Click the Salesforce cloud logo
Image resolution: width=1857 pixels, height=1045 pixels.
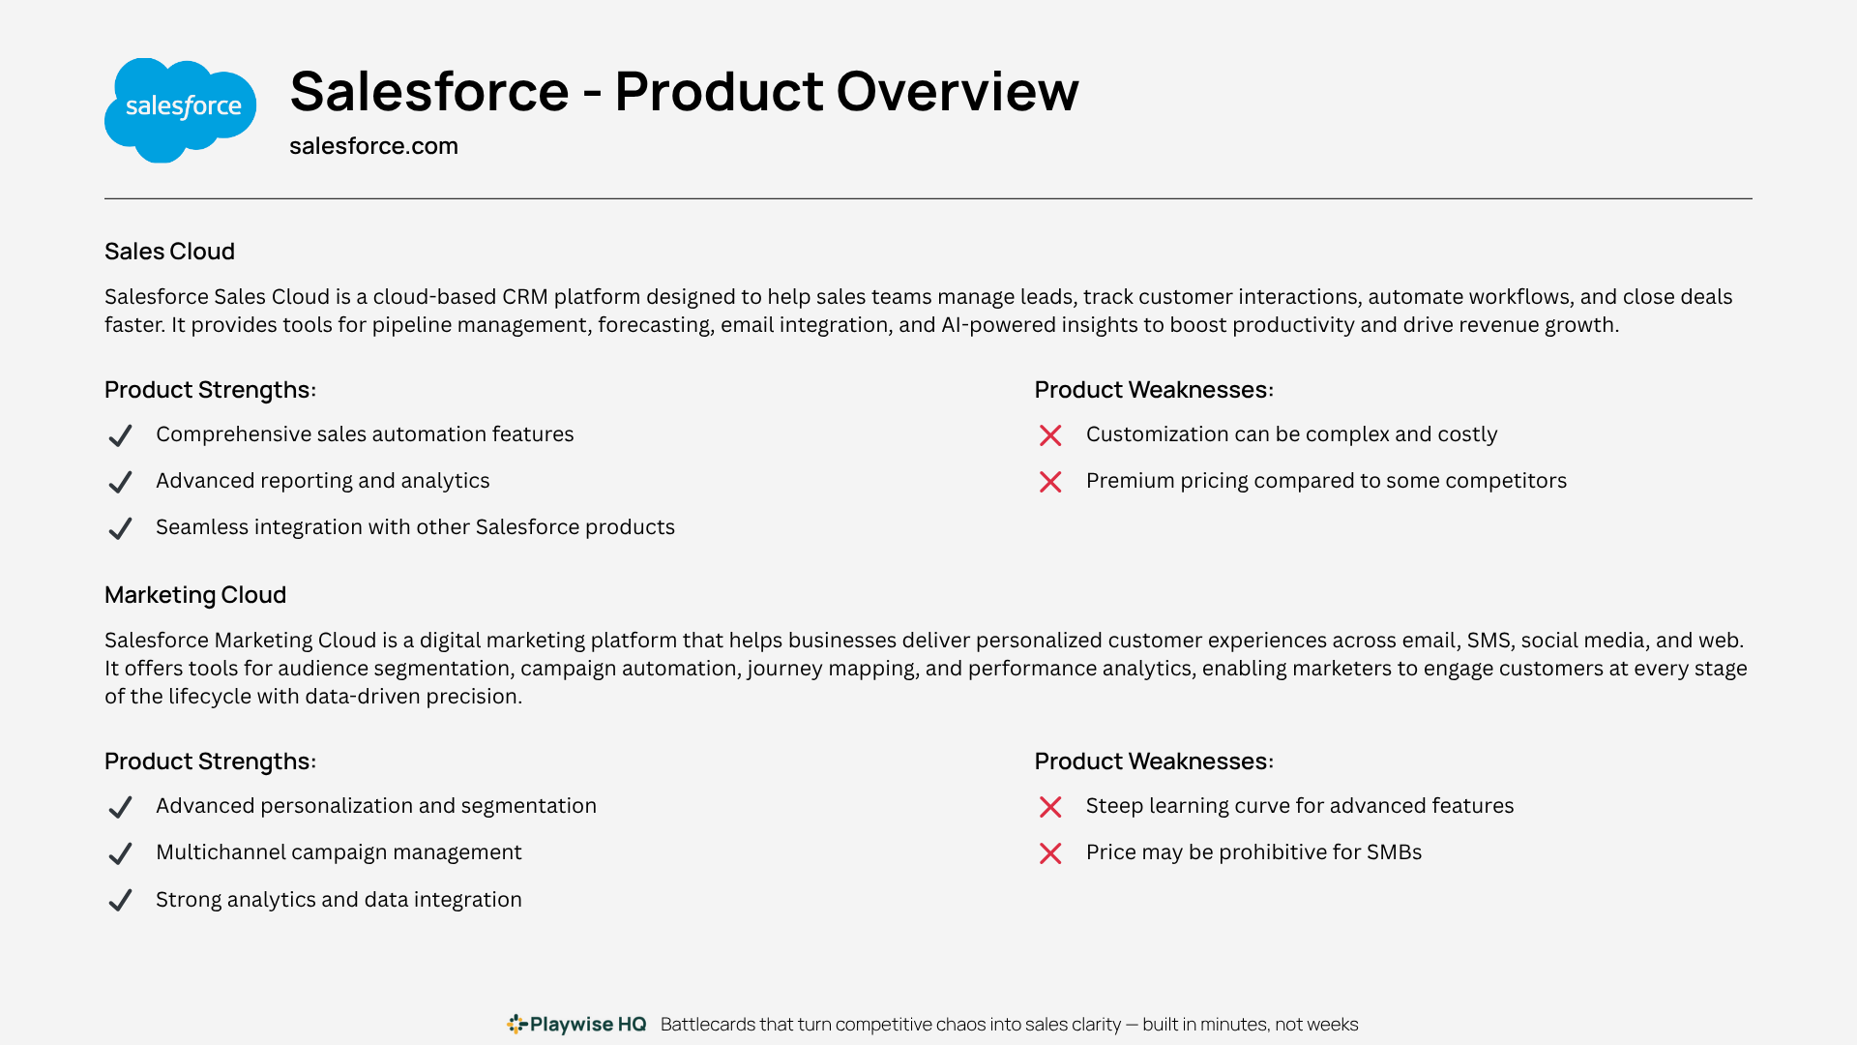(180, 110)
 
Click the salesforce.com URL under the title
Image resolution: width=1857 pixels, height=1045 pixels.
(373, 146)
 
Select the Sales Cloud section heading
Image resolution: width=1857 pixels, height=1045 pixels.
(169, 252)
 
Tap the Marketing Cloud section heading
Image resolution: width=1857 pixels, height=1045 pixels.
(195, 595)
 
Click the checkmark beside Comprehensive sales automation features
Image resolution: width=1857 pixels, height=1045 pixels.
(120, 435)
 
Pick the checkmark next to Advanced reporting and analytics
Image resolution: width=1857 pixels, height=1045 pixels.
(120, 482)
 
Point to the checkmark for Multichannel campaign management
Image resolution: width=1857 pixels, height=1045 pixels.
(120, 853)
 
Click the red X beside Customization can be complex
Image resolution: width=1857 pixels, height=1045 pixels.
(1050, 435)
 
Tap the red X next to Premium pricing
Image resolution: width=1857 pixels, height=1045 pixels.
(1050, 482)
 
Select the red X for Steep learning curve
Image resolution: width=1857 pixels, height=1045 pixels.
(1050, 807)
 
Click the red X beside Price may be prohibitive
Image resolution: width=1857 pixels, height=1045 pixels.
(1050, 853)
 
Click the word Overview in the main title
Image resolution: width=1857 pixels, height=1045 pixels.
(958, 92)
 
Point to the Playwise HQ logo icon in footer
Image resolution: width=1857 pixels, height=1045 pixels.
(517, 1024)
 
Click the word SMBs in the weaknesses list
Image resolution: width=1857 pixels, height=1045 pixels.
(1390, 852)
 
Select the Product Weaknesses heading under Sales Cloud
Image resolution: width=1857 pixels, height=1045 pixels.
(1154, 390)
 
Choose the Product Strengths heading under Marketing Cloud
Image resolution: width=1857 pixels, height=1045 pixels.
(210, 761)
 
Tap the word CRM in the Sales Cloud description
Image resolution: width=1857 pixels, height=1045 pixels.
(525, 297)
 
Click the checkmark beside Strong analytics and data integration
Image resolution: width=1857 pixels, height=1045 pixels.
(120, 901)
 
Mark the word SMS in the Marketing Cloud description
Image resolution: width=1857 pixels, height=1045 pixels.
(1489, 641)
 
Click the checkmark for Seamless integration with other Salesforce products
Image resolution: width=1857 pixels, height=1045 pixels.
(120, 528)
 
